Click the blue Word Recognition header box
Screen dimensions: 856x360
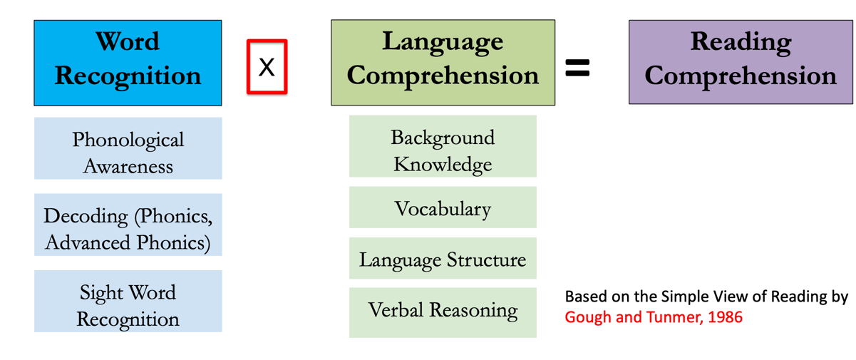pos(128,63)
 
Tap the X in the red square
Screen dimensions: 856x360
pos(267,67)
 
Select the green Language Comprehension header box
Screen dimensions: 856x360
pos(443,62)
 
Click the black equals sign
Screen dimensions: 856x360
pos(577,67)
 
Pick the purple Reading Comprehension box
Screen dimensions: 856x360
pos(741,62)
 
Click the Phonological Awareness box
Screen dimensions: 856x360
pos(128,148)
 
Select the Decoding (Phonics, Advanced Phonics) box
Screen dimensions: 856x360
pos(128,225)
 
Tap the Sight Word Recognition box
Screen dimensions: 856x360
pos(128,301)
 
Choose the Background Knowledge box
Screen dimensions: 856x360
pos(443,146)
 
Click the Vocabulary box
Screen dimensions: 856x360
pos(443,207)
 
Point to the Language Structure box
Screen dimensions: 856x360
pos(443,258)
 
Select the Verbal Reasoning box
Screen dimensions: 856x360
pos(443,313)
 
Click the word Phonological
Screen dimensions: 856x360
pos(128,140)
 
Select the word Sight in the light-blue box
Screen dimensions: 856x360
pos(102,294)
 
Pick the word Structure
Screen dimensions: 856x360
pos(487,260)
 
